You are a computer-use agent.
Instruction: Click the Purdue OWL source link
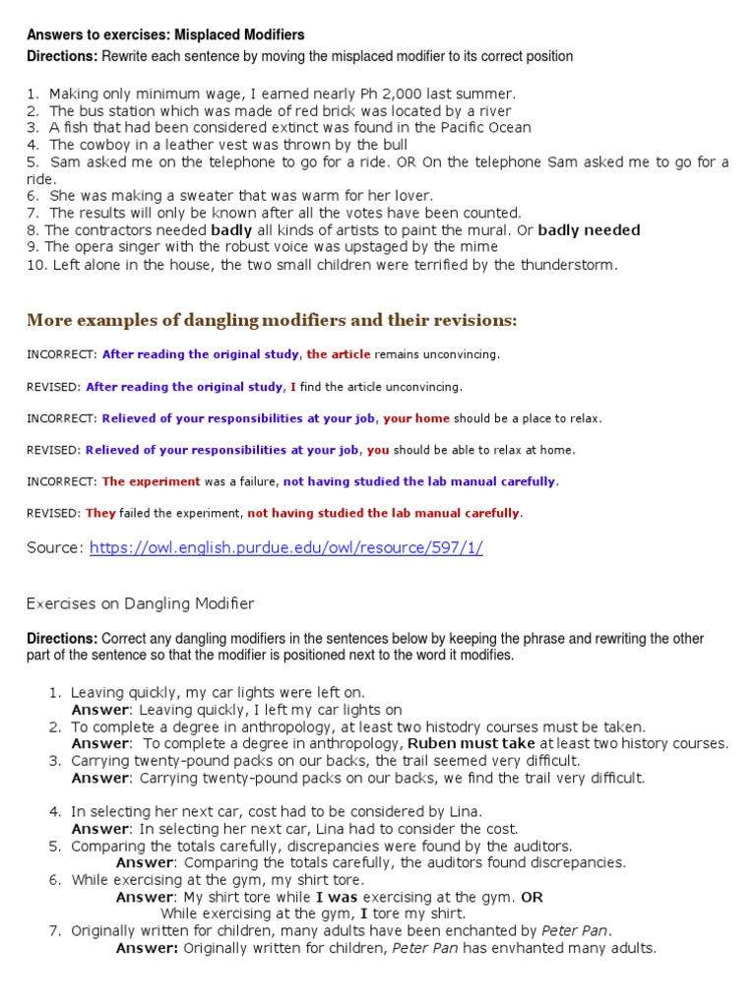[x=285, y=548]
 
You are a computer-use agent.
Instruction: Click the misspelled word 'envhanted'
[x=525, y=948]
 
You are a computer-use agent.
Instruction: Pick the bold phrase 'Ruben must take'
[x=472, y=743]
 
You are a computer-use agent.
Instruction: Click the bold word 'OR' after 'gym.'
[x=532, y=897]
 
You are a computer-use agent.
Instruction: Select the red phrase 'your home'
[x=415, y=418]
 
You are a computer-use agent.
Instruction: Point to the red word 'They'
[x=101, y=513]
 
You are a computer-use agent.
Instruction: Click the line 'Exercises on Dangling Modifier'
[x=140, y=603]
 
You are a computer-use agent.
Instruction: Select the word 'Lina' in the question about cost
[x=465, y=811]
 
